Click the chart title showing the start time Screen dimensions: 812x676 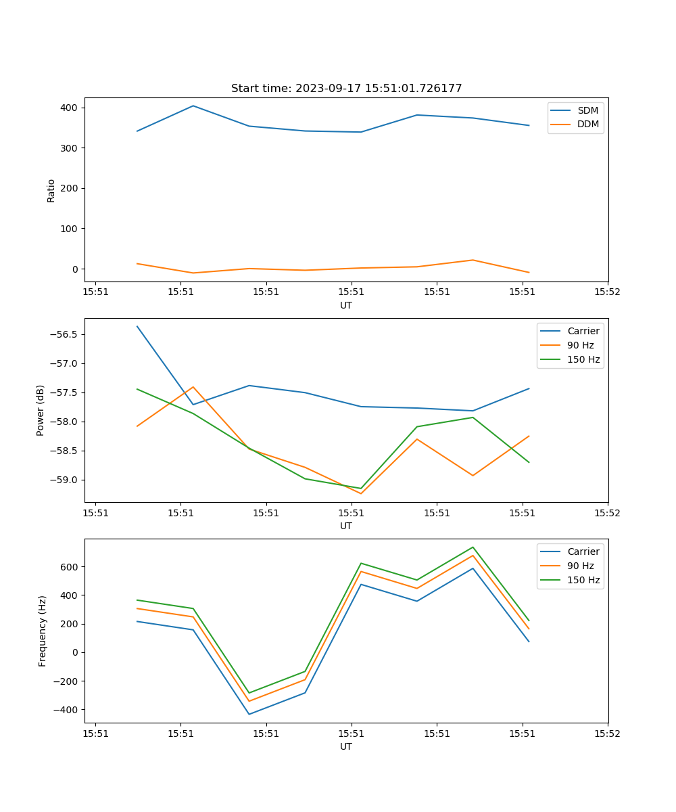pos(346,89)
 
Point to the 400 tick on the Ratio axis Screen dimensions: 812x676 pos(70,108)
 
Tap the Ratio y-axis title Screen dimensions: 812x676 pos(51,190)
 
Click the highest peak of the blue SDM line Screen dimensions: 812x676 pos(193,106)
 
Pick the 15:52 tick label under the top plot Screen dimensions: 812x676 pos(607,292)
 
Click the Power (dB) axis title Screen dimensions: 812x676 pos(41,410)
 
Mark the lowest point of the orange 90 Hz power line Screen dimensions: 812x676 pos(361,493)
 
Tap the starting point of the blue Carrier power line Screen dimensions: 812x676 pos(137,326)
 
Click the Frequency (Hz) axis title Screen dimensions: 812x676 pos(43,631)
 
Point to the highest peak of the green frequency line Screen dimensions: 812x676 pos(473,547)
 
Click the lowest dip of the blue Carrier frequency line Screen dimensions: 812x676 pos(249,714)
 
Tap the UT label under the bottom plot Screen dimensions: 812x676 pos(346,746)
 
